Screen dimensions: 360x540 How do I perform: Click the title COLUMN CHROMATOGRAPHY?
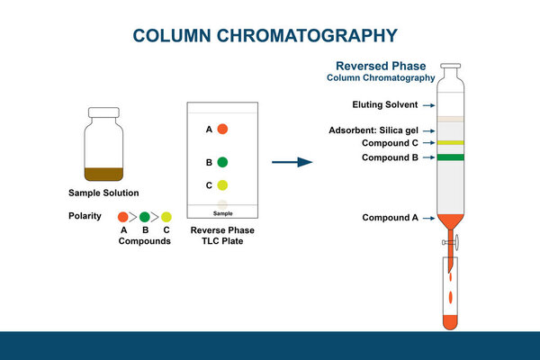coord(265,36)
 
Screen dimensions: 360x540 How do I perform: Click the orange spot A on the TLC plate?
coord(222,130)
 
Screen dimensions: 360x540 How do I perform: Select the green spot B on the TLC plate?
coord(222,163)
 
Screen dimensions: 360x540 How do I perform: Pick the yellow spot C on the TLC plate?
coord(222,185)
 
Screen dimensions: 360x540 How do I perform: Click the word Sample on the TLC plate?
coord(222,213)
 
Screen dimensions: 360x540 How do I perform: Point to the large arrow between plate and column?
coord(292,163)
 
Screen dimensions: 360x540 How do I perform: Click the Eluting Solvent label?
coord(384,105)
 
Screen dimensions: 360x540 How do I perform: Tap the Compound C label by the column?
coord(389,143)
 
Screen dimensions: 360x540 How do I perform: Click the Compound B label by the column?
coord(389,157)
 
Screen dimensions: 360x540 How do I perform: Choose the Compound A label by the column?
coord(390,218)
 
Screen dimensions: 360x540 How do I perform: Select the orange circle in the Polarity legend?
coord(123,217)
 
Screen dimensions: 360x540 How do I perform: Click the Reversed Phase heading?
coord(381,66)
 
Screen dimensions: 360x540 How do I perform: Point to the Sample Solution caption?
coord(103,193)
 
